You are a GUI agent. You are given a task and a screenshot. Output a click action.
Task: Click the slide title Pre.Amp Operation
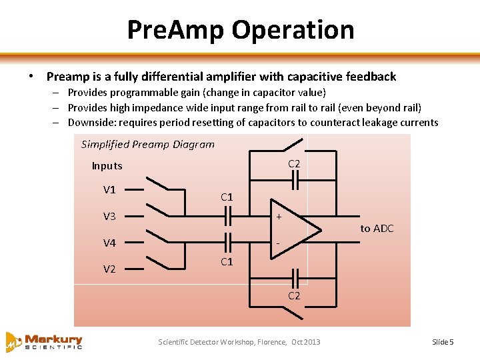[x=240, y=29]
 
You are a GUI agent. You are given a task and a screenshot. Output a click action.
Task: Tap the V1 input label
[x=109, y=189]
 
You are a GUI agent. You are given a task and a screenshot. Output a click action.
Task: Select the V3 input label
[x=109, y=216]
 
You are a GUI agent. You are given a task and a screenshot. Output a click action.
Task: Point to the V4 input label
[x=109, y=243]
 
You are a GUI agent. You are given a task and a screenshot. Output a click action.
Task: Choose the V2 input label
[x=109, y=269]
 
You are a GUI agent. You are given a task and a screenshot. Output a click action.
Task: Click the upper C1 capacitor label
[x=227, y=197]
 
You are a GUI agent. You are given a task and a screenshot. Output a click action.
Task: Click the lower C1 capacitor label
[x=227, y=261]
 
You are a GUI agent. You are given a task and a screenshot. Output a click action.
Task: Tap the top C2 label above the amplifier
[x=294, y=164]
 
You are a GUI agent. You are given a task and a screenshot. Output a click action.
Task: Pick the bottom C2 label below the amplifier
[x=294, y=295]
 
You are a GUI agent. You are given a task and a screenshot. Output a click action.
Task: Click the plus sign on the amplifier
[x=279, y=216]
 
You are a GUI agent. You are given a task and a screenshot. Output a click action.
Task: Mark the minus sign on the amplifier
[x=278, y=242]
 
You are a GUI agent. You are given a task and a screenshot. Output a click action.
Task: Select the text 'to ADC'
[x=377, y=229]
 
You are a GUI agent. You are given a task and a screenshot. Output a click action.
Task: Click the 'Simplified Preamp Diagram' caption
[x=147, y=144]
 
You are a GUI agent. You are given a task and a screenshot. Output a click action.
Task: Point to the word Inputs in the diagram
[x=107, y=166]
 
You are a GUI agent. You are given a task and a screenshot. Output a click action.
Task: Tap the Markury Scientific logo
[x=44, y=341]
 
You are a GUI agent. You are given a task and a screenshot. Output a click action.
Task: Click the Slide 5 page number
[x=443, y=342]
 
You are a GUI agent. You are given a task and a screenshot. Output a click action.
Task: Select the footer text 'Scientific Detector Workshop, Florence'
[x=221, y=342]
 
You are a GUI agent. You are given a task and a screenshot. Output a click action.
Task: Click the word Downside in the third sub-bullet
[x=89, y=122]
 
